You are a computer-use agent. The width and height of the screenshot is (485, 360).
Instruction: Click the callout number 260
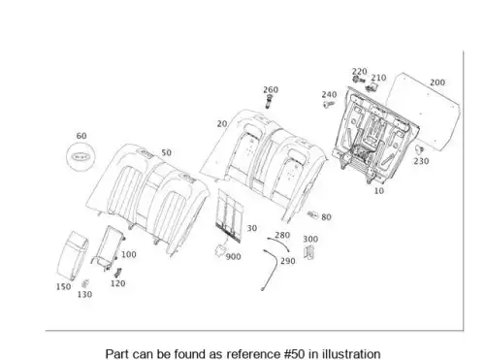[x=271, y=89]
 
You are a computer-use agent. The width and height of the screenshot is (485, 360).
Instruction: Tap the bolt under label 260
[x=268, y=102]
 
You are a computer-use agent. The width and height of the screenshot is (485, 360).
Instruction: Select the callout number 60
[x=81, y=136]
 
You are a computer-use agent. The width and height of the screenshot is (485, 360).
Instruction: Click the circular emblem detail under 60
[x=81, y=157]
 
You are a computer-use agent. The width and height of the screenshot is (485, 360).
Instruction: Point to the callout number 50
[x=166, y=152]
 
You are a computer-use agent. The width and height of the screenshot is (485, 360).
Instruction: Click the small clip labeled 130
[x=85, y=283]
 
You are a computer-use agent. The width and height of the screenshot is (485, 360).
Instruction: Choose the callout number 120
[x=117, y=283]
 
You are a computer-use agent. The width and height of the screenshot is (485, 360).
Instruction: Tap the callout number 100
[x=129, y=254]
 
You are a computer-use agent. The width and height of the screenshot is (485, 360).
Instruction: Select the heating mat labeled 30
[x=231, y=215]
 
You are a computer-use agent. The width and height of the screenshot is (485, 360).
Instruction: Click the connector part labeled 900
[x=221, y=250]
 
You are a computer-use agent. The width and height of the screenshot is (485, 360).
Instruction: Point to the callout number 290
[x=288, y=261]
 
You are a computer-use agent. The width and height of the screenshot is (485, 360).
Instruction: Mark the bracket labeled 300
[x=309, y=252]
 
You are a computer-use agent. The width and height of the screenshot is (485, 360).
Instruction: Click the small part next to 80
[x=312, y=214]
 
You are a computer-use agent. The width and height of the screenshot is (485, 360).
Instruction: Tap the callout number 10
[x=379, y=191]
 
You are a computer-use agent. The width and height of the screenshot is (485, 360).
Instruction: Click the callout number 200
[x=437, y=82]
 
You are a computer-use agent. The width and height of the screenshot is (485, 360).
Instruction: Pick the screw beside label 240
[x=329, y=104]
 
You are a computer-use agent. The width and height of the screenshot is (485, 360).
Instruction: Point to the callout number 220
[x=359, y=72]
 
